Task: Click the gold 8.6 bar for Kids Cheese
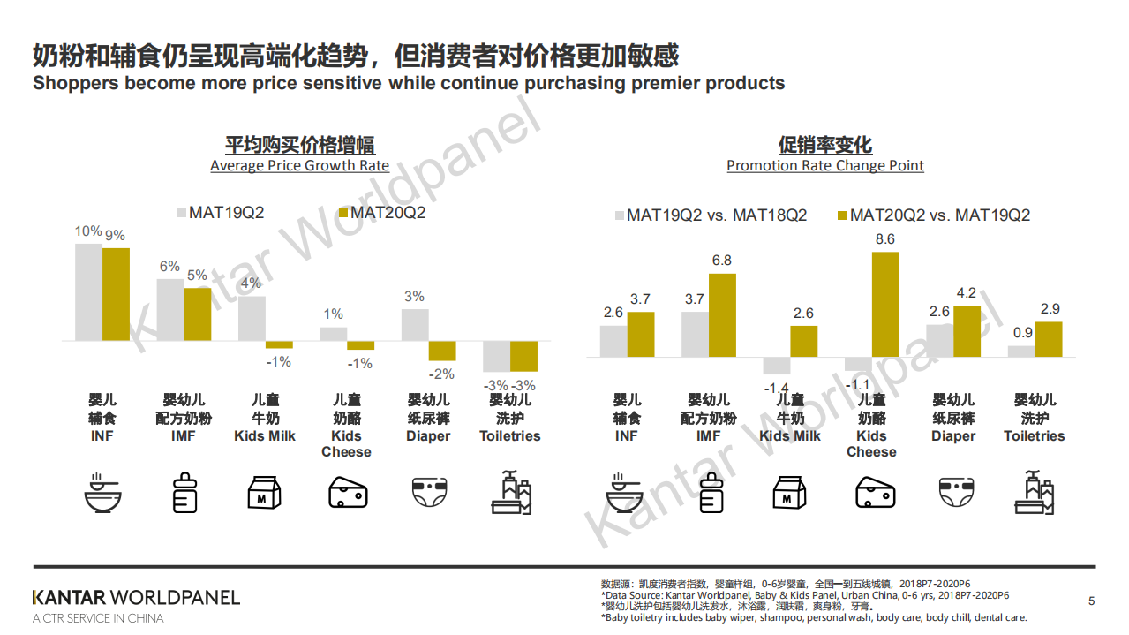coord(885,305)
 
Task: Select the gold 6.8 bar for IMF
coord(722,315)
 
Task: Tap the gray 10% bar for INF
coord(88,292)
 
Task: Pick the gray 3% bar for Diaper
coord(415,325)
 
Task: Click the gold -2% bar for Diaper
coord(442,351)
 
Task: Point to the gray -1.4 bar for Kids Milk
coord(777,366)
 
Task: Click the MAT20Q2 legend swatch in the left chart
coord(344,213)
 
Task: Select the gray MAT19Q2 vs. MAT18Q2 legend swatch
coord(620,215)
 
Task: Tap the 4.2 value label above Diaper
coord(967,292)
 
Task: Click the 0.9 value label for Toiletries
coord(1021,332)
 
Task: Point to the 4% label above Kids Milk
coord(252,283)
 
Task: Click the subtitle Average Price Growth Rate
coord(299,166)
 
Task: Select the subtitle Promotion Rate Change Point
coord(825,166)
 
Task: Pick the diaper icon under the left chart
coord(428,493)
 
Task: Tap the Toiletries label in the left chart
coord(509,436)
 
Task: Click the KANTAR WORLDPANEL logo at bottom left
coord(136,598)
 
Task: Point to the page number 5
coord(1091,601)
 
